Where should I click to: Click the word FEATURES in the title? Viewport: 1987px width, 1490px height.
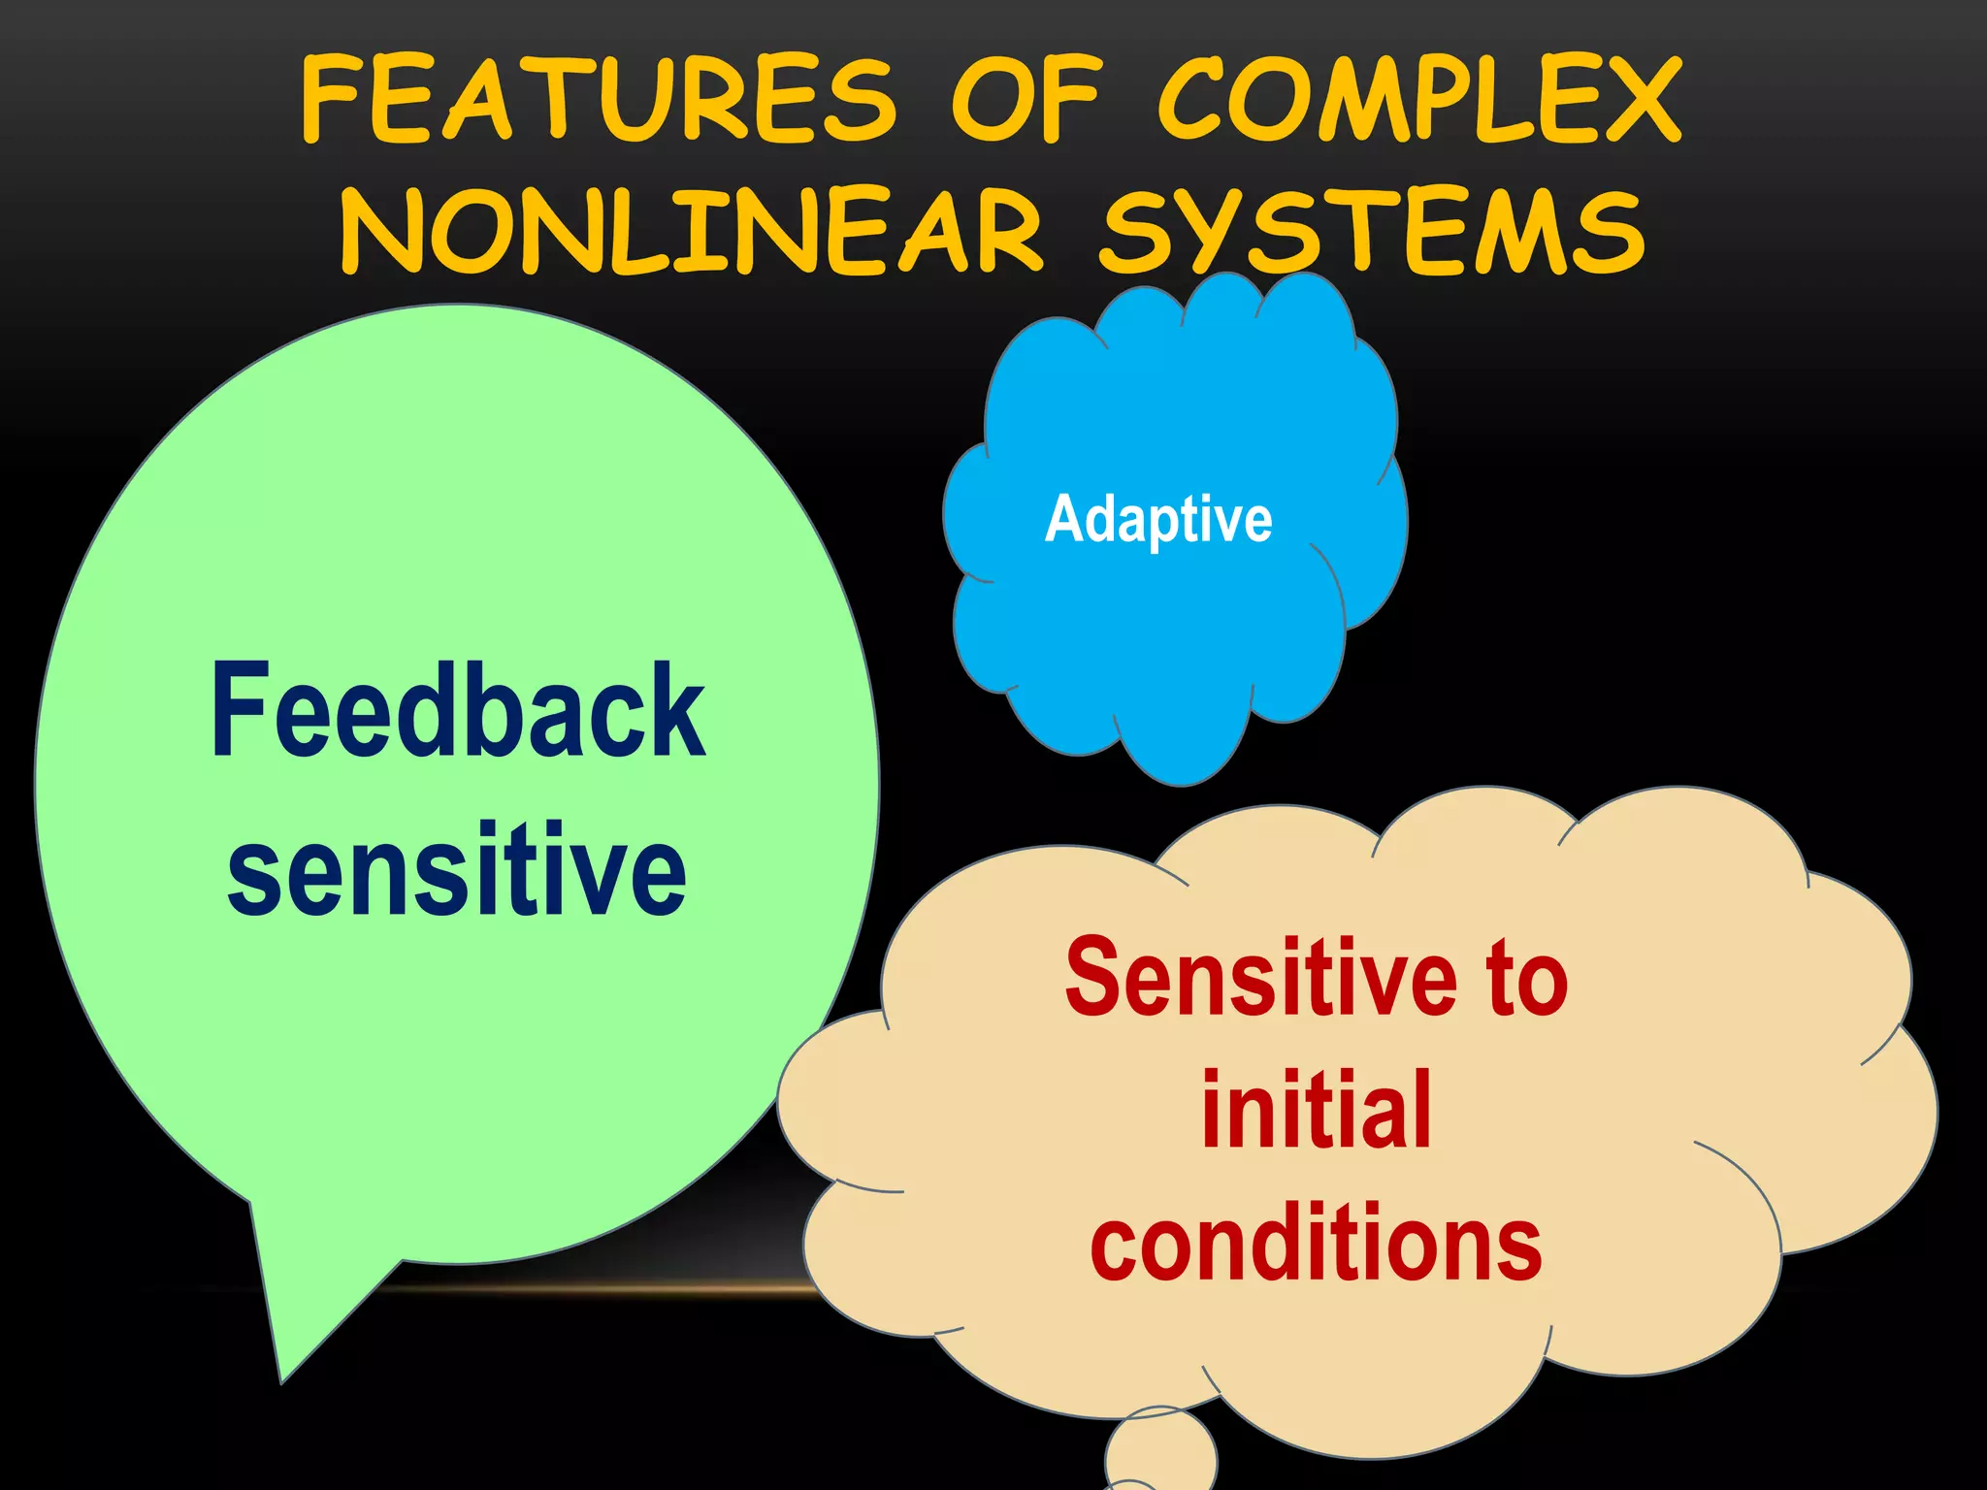click(599, 99)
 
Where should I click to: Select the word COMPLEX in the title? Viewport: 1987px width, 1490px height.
click(1418, 99)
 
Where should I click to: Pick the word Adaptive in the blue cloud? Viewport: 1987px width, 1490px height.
click(1158, 519)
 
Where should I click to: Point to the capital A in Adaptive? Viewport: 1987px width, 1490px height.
click(1064, 519)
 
